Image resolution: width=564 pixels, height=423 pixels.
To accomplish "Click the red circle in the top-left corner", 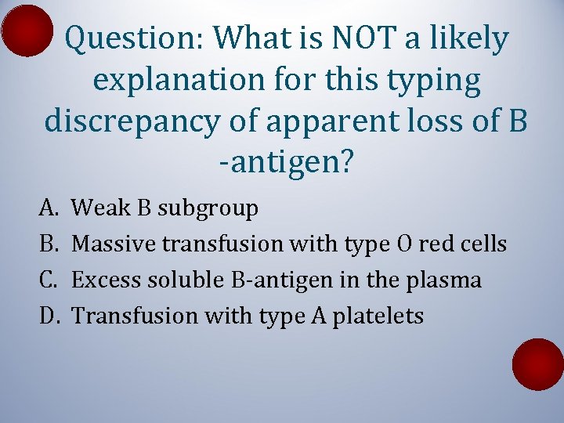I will (x=27, y=30).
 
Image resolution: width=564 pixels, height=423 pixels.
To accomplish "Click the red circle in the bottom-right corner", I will (x=537, y=364).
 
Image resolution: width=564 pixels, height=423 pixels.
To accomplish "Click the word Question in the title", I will (x=134, y=38).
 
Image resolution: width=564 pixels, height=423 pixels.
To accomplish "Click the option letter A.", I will (x=48, y=208).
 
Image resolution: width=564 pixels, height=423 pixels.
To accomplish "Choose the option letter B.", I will (x=48, y=244).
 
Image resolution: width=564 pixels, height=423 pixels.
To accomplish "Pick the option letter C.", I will (x=48, y=280).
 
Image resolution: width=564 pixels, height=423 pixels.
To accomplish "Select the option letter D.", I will (x=49, y=316).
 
